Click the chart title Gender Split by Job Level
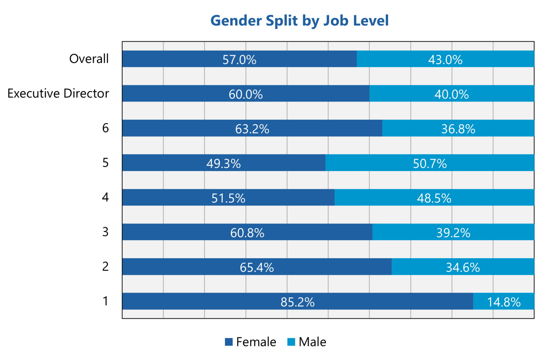click(299, 20)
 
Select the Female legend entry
click(251, 342)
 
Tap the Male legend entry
click(307, 342)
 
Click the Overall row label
click(89, 59)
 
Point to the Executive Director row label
click(58, 93)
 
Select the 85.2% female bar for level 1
click(298, 301)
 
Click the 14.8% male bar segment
click(504, 301)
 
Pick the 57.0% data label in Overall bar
click(239, 59)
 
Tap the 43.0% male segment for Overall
click(445, 59)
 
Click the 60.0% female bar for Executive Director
click(245, 94)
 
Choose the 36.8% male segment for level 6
click(458, 128)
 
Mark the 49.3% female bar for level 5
click(223, 163)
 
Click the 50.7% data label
click(430, 164)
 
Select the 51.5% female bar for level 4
click(228, 198)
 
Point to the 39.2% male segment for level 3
click(453, 232)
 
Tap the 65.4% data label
click(257, 267)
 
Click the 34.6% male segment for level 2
click(463, 267)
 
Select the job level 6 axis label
click(105, 128)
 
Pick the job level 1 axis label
click(105, 301)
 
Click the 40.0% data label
click(451, 94)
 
